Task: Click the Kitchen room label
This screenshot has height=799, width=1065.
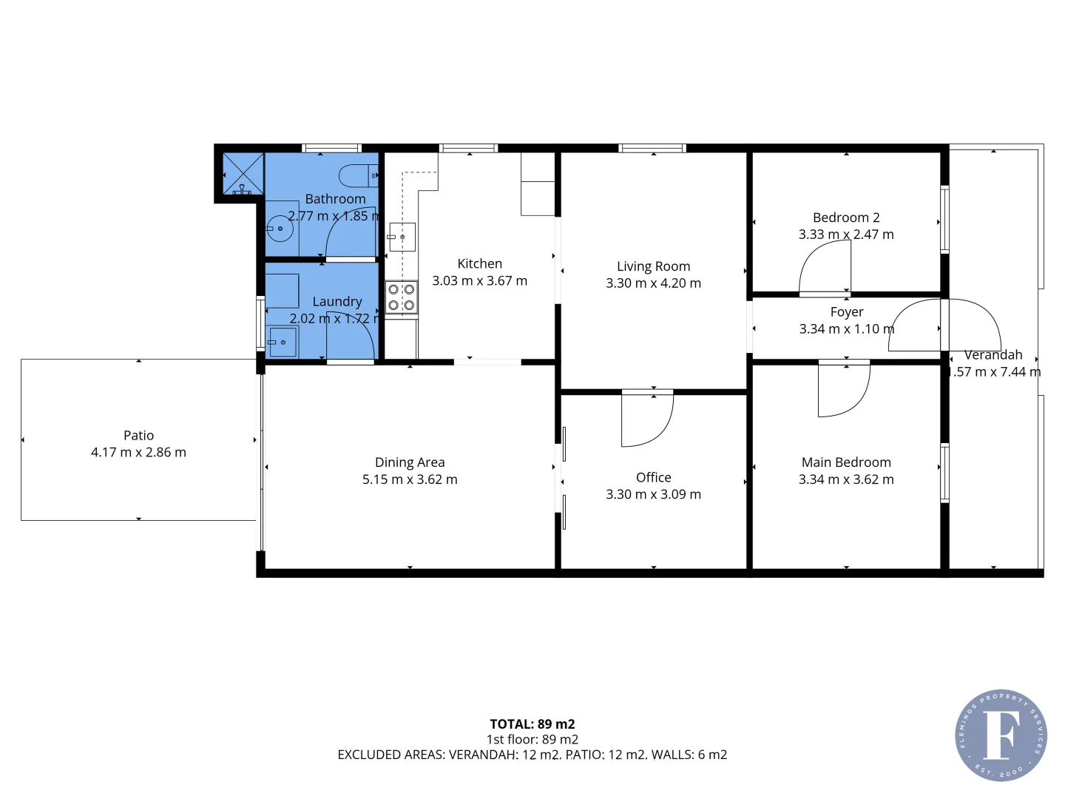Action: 479,264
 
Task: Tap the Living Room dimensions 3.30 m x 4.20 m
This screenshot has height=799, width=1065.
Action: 653,283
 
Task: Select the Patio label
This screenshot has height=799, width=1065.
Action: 138,436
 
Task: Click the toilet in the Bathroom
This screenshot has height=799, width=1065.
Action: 358,176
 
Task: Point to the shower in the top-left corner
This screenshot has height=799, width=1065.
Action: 243,173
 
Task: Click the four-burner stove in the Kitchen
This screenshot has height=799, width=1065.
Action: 401,297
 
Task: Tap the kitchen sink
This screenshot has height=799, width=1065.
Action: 402,237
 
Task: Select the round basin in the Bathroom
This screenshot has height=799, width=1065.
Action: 280,229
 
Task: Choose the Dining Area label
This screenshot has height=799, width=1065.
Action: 410,462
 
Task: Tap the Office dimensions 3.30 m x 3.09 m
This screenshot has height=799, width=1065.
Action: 653,494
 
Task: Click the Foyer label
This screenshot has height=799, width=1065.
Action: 846,312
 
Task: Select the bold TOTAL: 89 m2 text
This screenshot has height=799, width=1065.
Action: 532,724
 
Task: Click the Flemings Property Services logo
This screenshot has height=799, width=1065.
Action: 1001,735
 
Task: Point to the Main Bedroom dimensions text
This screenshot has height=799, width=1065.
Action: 846,479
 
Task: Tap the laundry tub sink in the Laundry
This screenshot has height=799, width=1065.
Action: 282,342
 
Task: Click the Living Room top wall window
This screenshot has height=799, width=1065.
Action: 652,148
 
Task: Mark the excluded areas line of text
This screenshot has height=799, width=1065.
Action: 532,755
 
